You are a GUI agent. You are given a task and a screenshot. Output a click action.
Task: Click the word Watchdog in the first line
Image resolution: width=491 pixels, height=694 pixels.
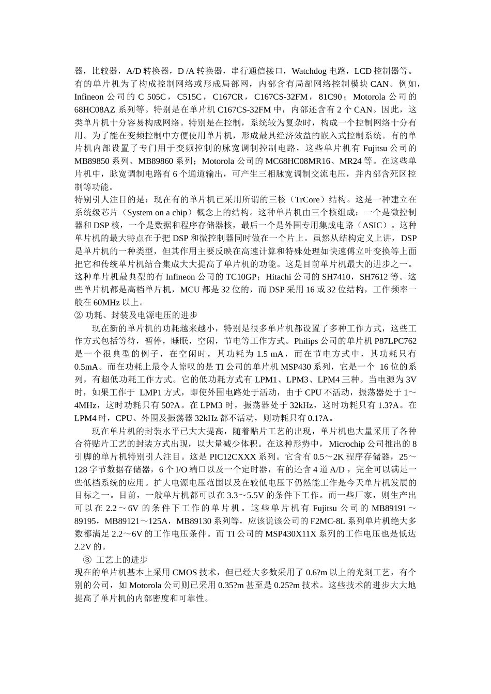click(309, 71)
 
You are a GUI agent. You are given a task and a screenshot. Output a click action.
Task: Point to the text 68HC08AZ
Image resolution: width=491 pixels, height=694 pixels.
click(92, 109)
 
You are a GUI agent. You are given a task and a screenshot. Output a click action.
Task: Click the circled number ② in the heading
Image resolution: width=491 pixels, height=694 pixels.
click(79, 316)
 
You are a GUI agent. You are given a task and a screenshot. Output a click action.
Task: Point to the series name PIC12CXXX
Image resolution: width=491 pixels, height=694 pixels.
click(233, 457)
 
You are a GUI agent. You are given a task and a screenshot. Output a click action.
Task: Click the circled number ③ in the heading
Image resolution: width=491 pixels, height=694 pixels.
click(87, 560)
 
